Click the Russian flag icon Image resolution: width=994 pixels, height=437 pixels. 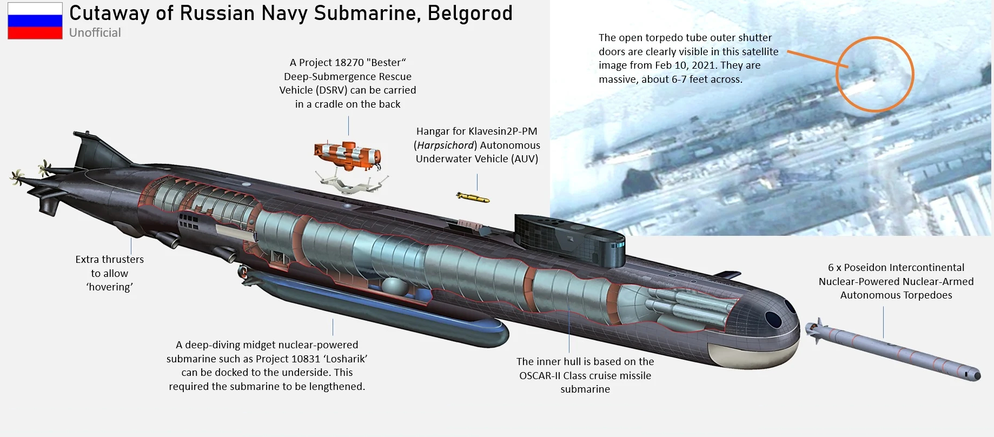pos(35,21)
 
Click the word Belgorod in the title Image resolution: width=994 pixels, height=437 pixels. pos(470,13)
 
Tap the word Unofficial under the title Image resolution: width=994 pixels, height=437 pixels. pos(95,32)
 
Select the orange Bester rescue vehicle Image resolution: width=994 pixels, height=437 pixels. pos(348,155)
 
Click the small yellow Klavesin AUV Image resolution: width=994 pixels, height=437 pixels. pos(473,197)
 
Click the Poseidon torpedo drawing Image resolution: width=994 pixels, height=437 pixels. pos(892,349)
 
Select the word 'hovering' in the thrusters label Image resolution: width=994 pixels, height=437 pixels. pos(110,287)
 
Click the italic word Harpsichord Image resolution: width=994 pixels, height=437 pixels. pos(446,145)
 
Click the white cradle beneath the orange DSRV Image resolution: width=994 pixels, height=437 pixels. pos(352,182)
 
